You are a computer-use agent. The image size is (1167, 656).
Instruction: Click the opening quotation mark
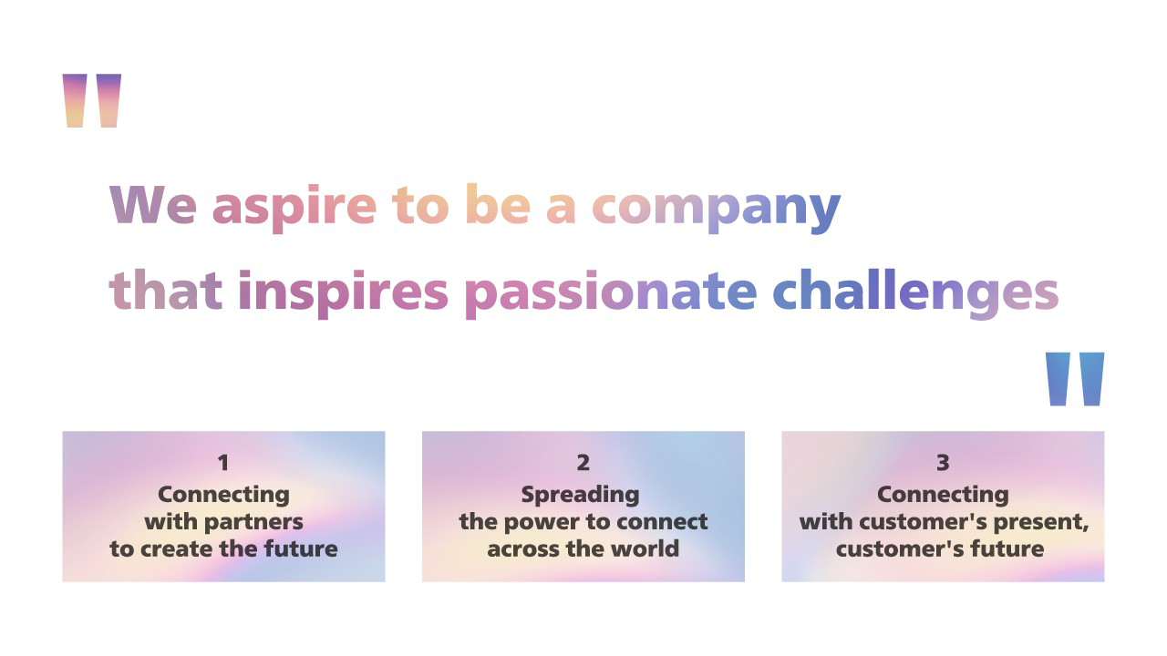pos(91,100)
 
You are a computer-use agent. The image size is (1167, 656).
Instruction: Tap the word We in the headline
pos(152,206)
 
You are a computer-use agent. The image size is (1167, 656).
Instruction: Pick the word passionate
pos(610,292)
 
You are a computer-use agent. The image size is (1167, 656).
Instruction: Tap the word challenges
pos(915,292)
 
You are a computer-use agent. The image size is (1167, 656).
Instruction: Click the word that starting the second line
pos(165,292)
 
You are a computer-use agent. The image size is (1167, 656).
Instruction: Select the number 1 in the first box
pos(223,463)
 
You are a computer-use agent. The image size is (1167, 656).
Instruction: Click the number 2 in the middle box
pos(583,463)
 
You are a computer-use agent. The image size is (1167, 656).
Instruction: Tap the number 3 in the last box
pos(943,463)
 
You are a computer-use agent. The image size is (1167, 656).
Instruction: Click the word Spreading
pos(580,495)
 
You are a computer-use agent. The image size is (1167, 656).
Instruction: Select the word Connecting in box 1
pos(223,495)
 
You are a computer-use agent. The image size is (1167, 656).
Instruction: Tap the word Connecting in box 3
pos(943,495)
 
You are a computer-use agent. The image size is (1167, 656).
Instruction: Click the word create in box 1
pos(177,548)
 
